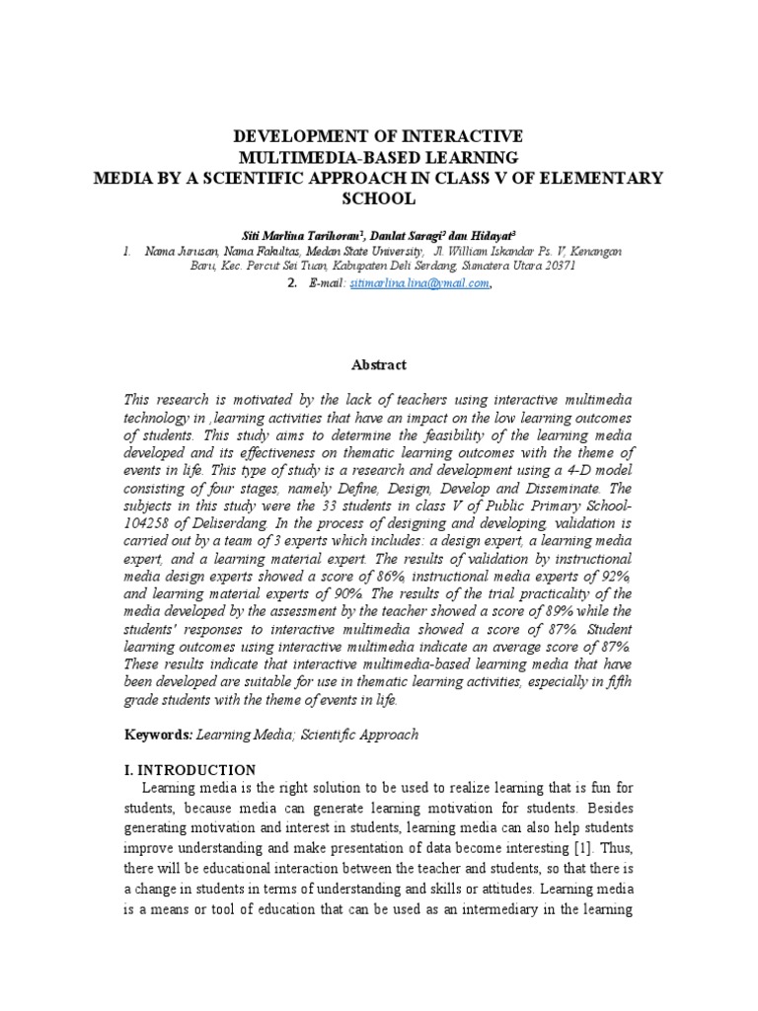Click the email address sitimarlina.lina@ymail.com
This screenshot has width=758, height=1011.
click(413, 283)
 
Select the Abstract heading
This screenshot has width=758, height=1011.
click(379, 364)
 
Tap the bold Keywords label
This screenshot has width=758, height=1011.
click(158, 735)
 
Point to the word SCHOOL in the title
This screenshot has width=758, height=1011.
click(379, 198)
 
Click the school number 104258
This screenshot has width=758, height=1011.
click(149, 503)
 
